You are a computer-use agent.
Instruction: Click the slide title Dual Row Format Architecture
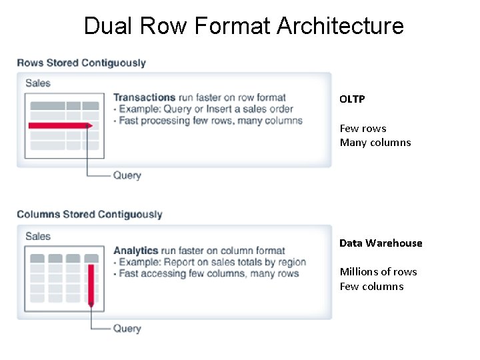[x=243, y=26]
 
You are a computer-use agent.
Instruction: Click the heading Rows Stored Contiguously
[x=81, y=63]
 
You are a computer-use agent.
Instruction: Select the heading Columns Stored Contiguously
[x=89, y=215]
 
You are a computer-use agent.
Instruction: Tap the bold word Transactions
[x=144, y=97]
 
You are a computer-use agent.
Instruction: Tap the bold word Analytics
[x=135, y=251]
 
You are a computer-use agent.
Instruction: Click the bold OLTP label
[x=352, y=99]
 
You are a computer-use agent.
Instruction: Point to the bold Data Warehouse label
[x=381, y=243]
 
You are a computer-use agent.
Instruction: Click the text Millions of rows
[x=378, y=271]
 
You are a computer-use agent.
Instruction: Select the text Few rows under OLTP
[x=363, y=128]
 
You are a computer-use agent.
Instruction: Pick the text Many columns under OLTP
[x=375, y=142]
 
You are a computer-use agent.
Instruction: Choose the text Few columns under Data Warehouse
[x=371, y=286]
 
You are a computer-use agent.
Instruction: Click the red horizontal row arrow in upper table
[x=60, y=125]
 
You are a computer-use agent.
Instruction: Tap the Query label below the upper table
[x=127, y=175]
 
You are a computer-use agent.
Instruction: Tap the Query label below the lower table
[x=127, y=328]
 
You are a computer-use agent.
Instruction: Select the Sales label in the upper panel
[x=38, y=83]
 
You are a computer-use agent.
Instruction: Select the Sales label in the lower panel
[x=38, y=236]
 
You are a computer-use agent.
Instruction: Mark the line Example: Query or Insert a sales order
[x=203, y=109]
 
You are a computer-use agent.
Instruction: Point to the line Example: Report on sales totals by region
[x=210, y=262]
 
